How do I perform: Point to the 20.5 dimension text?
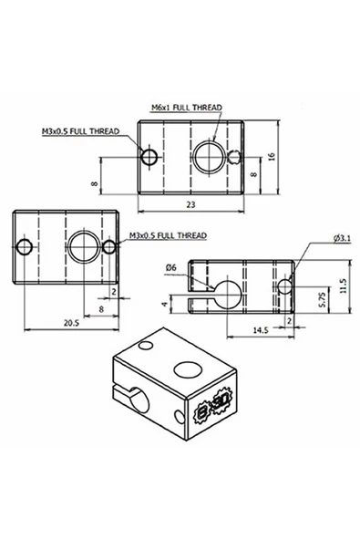[x=71, y=322]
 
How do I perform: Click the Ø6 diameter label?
[x=170, y=267]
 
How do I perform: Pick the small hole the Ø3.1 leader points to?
[x=286, y=287]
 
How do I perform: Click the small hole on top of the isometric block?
[x=145, y=347]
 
